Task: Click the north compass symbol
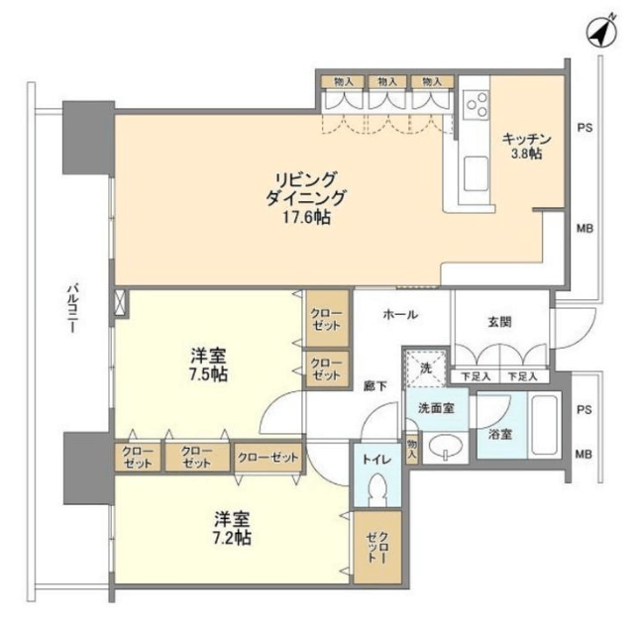point(601,32)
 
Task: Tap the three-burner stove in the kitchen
point(477,104)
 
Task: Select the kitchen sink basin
point(477,173)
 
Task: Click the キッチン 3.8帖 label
point(526,146)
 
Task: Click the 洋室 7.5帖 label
point(208,365)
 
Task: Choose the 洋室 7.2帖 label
point(232,528)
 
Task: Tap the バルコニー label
point(72,309)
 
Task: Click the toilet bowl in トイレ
point(377,489)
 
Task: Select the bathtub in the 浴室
point(545,425)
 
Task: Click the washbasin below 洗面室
point(445,447)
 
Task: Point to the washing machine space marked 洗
point(426,368)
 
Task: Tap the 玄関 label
point(499,322)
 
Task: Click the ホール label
point(400,315)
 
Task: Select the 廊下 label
point(375,385)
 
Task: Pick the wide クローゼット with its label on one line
point(268,458)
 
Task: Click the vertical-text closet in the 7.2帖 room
point(377,547)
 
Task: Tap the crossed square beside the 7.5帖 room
point(121,302)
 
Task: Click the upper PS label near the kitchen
point(585,128)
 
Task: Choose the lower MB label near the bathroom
point(584,454)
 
